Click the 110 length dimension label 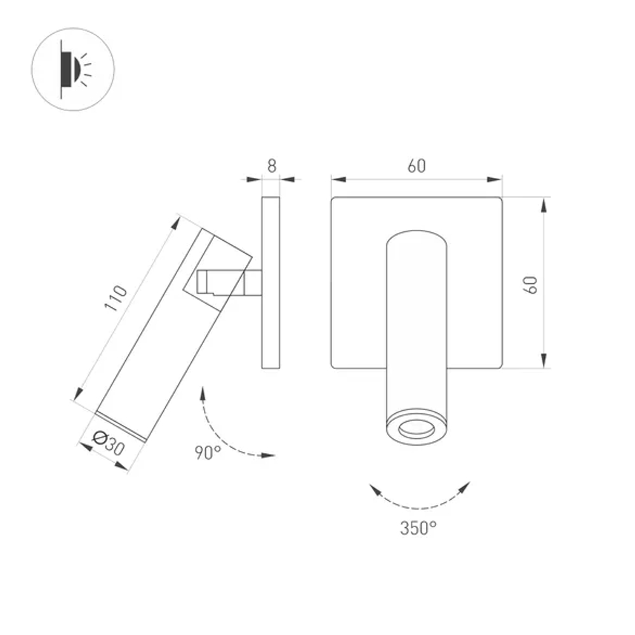click(x=117, y=298)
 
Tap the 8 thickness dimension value click(x=272, y=166)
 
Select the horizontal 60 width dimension click(x=417, y=166)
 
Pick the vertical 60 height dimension click(x=531, y=284)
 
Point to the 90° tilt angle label click(x=208, y=453)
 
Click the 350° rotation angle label click(x=418, y=527)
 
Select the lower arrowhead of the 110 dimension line click(x=77, y=395)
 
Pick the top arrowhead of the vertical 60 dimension click(x=545, y=204)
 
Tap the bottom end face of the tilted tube click(x=121, y=426)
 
